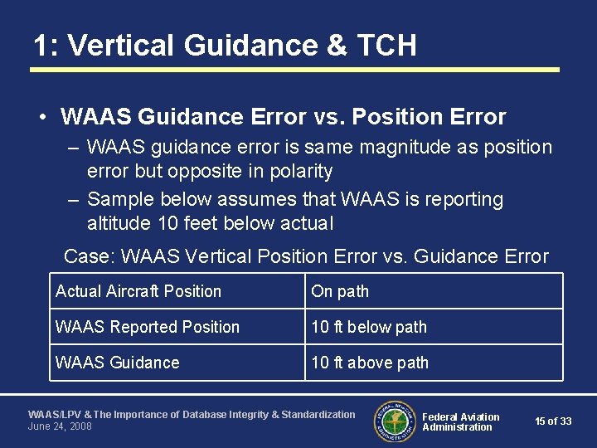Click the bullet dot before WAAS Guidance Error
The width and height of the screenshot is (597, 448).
tap(41, 118)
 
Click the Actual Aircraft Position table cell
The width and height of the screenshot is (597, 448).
tap(138, 291)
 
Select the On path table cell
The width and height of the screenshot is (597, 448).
tap(340, 291)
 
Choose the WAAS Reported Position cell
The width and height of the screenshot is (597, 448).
tap(148, 327)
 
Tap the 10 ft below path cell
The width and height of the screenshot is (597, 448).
tap(369, 327)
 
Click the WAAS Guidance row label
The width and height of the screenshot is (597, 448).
tap(117, 363)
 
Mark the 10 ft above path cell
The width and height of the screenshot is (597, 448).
tap(370, 363)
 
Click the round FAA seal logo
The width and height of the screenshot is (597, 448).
tap(395, 421)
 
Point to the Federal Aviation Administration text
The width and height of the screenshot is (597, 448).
tap(460, 421)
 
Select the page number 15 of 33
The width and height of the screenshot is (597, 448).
tap(553, 421)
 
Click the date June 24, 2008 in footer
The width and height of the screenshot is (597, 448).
tap(60, 426)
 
